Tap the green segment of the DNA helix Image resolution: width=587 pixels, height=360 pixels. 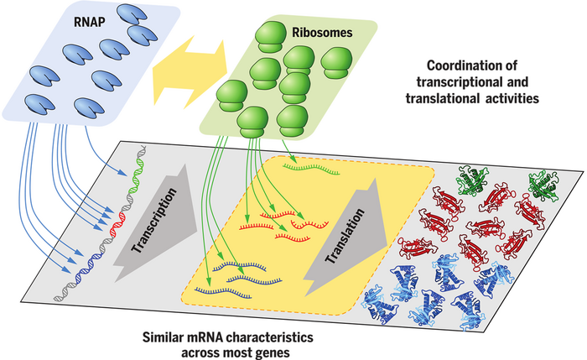pos(136,179)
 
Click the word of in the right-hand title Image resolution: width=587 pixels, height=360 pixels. pos(538,66)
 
